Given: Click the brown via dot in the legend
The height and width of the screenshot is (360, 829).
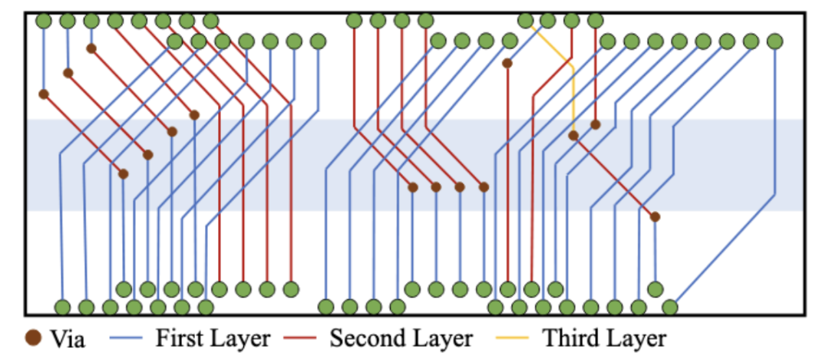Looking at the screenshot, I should coord(33,338).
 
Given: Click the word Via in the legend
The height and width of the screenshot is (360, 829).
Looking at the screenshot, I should coord(68,338).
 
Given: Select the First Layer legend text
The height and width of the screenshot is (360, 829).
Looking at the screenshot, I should coord(213,338).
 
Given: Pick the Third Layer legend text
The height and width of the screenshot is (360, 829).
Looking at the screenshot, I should coord(604,338).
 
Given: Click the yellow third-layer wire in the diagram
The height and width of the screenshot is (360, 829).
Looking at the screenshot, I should coord(573,92).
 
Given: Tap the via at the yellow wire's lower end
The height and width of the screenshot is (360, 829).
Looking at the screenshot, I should coord(573,136).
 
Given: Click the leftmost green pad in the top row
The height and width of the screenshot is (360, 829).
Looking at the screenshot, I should coord(44,21).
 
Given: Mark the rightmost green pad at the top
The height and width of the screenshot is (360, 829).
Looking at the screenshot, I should coord(775,41).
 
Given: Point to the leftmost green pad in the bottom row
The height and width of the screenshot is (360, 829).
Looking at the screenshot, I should coord(62,308).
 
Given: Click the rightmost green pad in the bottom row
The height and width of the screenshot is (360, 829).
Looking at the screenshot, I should coord(669,308).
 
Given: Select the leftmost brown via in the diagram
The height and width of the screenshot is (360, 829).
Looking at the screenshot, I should coord(44,94).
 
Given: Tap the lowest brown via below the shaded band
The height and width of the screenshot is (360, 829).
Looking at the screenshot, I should coord(655,217).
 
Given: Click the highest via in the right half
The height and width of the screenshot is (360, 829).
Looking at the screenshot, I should coord(507,63).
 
